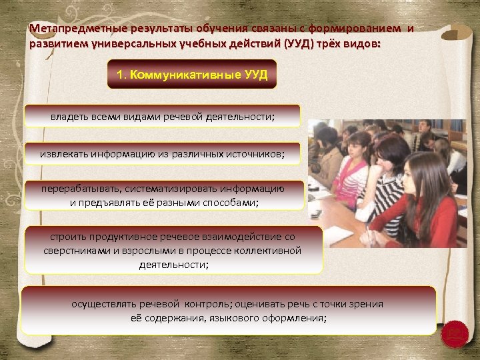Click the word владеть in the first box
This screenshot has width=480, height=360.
[68, 117]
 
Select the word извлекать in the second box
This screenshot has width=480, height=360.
[63, 154]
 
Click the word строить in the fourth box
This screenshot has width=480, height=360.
[67, 237]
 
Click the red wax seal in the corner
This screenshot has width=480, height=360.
[455, 331]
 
